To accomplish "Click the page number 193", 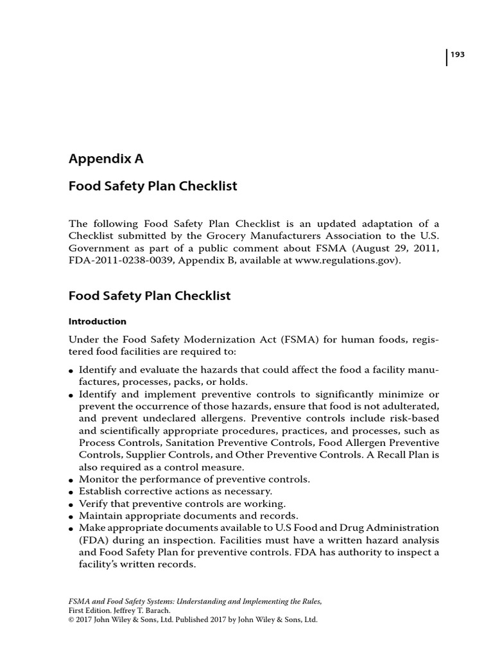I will pos(457,55).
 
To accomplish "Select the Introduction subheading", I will pos(98,321).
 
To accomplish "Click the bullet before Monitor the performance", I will pos(71,481).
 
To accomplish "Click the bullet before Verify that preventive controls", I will pos(71,504).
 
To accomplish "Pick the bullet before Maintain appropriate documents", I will pos(71,517).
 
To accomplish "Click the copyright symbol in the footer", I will pos(72,620).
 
